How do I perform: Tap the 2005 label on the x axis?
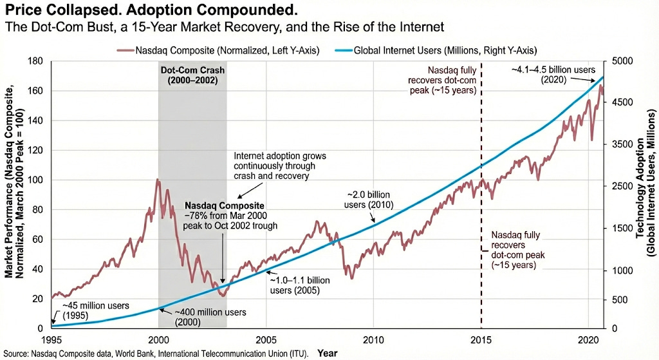(x=266, y=340)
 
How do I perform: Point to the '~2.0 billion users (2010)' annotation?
(x=369, y=199)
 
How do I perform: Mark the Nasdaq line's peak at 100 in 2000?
(x=158, y=180)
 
